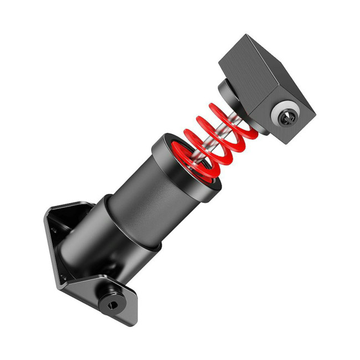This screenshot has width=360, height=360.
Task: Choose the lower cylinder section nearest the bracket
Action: pos(100,244)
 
